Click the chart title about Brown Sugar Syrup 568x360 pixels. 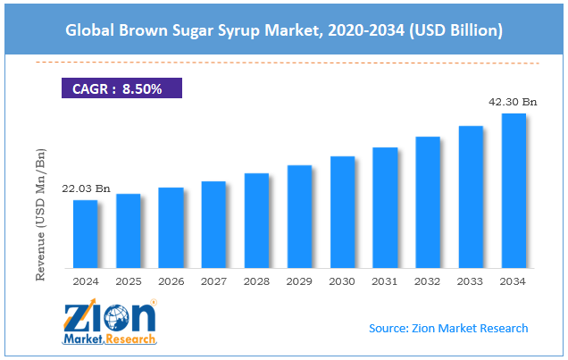(283, 30)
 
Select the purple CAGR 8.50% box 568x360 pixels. (121, 88)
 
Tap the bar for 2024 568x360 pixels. (86, 234)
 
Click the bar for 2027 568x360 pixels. (213, 224)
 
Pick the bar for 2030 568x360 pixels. (342, 212)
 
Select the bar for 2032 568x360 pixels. (428, 202)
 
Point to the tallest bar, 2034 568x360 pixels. (514, 190)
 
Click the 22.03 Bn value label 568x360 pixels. (86, 189)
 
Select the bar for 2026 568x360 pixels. (171, 228)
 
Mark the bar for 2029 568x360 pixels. (299, 216)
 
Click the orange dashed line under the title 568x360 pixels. (283, 63)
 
